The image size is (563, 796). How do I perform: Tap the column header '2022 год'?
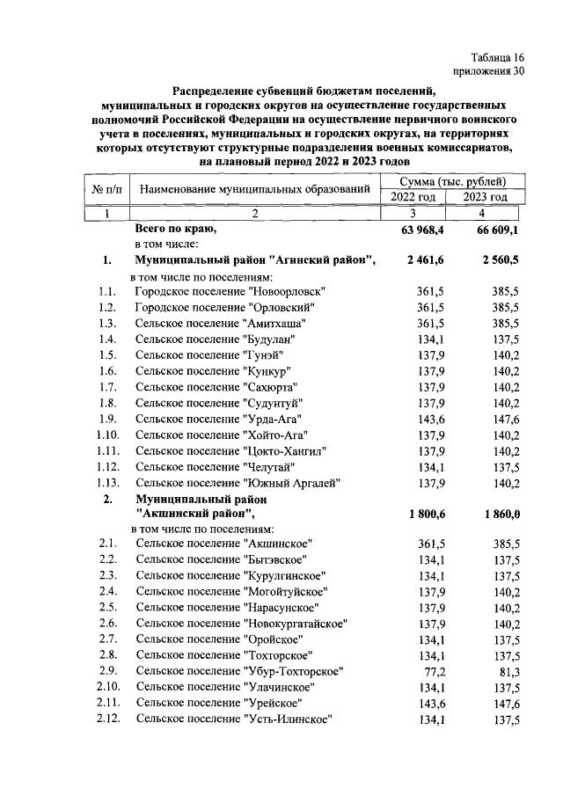(x=413, y=197)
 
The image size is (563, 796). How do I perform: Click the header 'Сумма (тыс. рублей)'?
(x=450, y=181)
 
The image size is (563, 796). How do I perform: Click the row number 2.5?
(x=109, y=608)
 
